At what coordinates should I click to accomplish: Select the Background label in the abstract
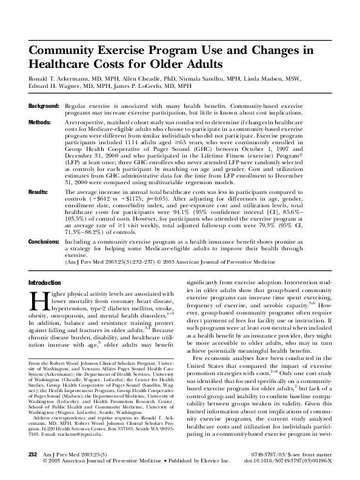[x=43, y=105]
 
